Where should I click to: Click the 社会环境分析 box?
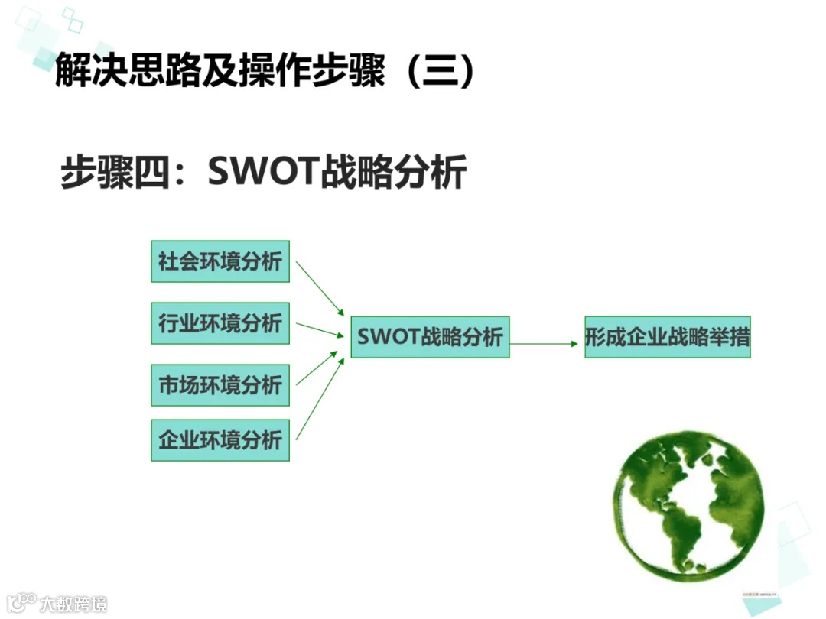[220, 261]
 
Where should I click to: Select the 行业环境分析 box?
[220, 323]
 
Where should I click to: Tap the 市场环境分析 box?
[220, 385]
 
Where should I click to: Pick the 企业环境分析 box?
[220, 440]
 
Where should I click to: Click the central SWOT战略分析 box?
[430, 337]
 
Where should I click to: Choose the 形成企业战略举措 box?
[667, 337]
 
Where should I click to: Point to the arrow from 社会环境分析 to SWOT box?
[320, 287]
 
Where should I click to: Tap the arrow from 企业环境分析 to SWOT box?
[320, 398]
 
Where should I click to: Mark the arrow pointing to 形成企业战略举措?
[545, 344]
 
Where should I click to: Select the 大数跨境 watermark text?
[73, 604]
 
